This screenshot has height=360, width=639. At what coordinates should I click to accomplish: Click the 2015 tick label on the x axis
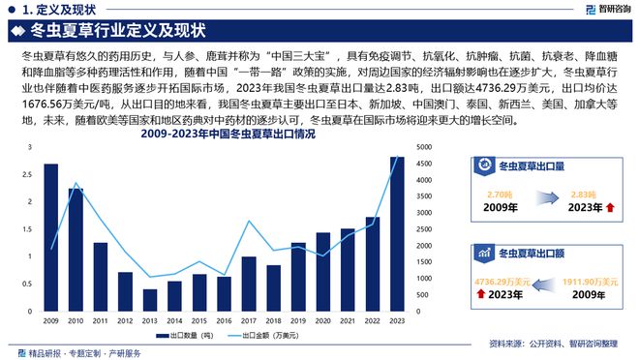[199, 320]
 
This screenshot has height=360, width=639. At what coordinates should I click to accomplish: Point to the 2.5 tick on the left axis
[30, 175]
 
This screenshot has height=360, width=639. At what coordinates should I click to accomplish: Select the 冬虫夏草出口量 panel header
[531, 165]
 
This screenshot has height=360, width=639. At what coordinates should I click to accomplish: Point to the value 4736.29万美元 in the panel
[500, 282]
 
